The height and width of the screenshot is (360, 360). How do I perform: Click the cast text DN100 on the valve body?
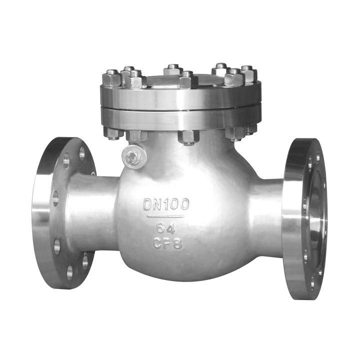pyautogui.click(x=166, y=204)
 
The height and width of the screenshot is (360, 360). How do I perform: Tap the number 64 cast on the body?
pyautogui.click(x=166, y=228)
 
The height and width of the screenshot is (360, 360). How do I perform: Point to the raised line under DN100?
pyautogui.click(x=165, y=216)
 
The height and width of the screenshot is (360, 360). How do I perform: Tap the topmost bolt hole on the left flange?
pyautogui.click(x=82, y=153)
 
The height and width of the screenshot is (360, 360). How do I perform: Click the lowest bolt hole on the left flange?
pyautogui.click(x=70, y=273)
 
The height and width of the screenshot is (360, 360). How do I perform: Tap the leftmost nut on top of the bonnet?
pyautogui.click(x=111, y=78)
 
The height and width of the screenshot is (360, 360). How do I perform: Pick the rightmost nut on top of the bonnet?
pyautogui.click(x=249, y=74)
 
